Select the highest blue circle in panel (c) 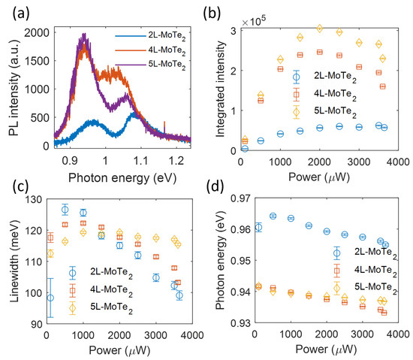click(65, 209)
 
